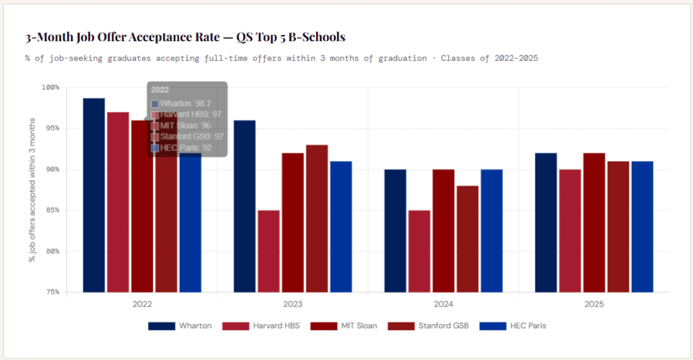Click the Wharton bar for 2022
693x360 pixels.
click(x=93, y=196)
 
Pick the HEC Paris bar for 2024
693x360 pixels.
click(x=491, y=231)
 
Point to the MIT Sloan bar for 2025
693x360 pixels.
click(x=594, y=223)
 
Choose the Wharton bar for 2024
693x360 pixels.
click(x=395, y=231)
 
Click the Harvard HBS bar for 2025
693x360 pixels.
click(x=570, y=231)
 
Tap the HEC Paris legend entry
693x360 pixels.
click(x=512, y=325)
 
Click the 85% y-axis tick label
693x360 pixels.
click(x=51, y=210)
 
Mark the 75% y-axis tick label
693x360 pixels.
click(x=51, y=292)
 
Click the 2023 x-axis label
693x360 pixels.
click(x=292, y=305)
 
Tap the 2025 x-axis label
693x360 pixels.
click(x=594, y=305)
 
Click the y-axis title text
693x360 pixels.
click(x=32, y=189)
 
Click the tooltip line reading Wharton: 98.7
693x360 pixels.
click(x=181, y=104)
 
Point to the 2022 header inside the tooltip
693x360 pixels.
click(x=160, y=89)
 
